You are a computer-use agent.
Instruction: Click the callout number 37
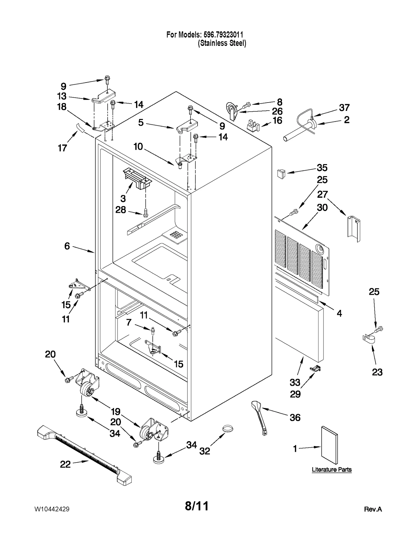[344, 107]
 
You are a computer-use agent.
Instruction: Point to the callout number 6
[67, 246]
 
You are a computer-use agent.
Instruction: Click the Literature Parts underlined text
[332, 470]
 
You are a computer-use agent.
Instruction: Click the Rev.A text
[373, 509]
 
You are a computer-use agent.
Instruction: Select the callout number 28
[121, 210]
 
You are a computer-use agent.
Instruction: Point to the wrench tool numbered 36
[259, 418]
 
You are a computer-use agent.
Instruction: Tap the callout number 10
[138, 147]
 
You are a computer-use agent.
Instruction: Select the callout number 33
[295, 382]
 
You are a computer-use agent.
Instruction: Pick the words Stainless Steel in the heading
[222, 43]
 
